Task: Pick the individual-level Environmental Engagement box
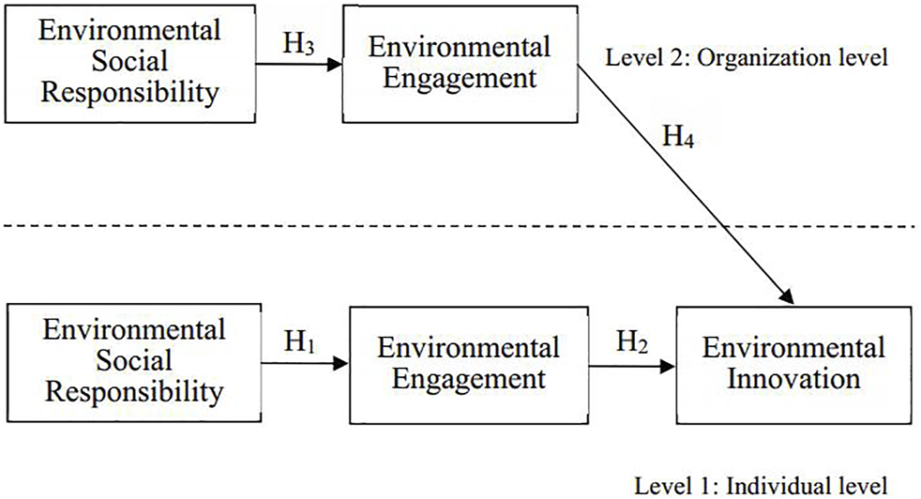[x=469, y=364]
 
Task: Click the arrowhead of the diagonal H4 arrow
[x=789, y=299]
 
